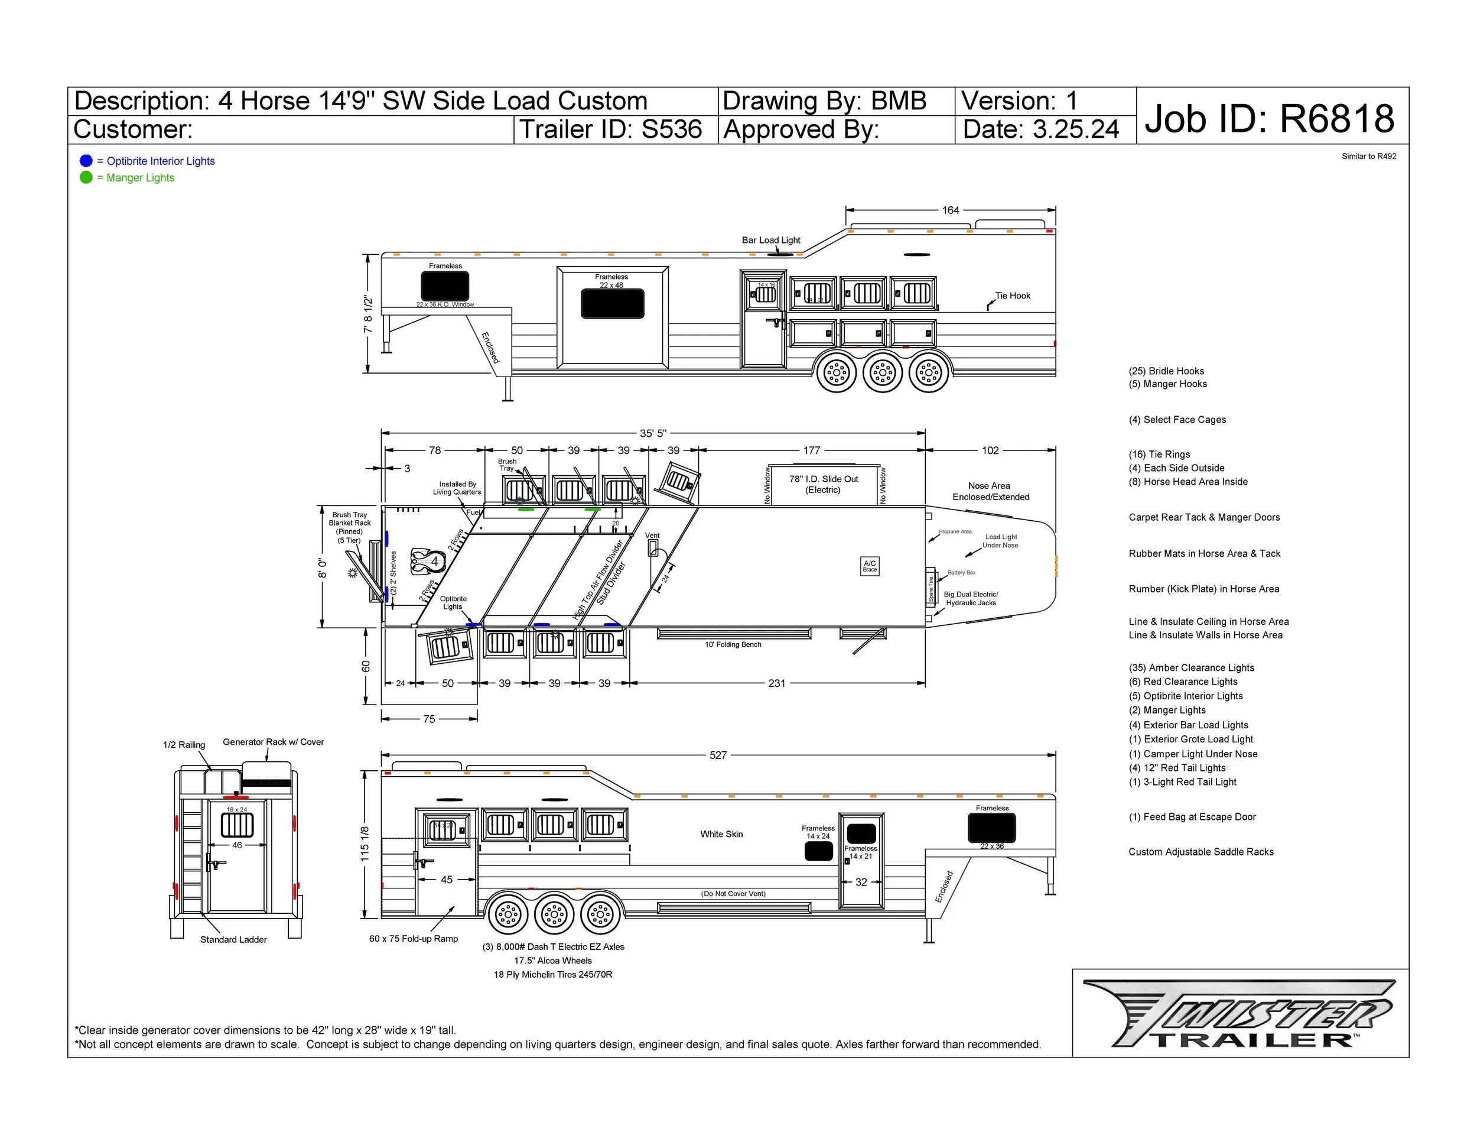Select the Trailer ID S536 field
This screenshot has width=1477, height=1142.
click(x=611, y=129)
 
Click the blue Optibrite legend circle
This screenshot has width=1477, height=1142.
click(x=86, y=161)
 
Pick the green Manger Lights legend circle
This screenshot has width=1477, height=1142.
click(x=86, y=177)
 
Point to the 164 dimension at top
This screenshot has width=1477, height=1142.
click(x=950, y=210)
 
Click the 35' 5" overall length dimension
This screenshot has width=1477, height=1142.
click(x=653, y=433)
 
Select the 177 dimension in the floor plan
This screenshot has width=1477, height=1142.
click(x=812, y=450)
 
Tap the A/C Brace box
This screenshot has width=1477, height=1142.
click(x=870, y=566)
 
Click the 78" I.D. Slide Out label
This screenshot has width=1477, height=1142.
click(x=823, y=484)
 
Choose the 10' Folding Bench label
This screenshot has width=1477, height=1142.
click(x=733, y=645)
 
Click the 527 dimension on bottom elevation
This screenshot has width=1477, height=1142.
click(x=718, y=755)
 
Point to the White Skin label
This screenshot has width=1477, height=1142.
click(x=721, y=834)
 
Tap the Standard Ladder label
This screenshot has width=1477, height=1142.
click(x=233, y=940)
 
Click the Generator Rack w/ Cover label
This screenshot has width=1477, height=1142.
click(x=273, y=742)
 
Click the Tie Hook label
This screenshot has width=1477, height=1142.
click(x=1013, y=296)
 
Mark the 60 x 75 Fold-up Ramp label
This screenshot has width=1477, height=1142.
click(x=413, y=939)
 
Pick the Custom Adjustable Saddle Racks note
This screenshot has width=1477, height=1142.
click(x=1201, y=852)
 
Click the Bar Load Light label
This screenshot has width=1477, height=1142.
click(x=771, y=240)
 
